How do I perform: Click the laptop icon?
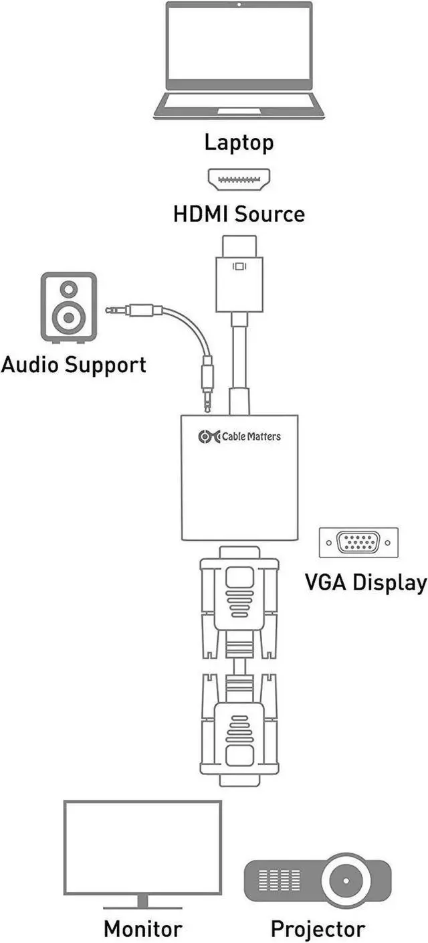tap(239, 61)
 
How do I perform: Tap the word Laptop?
tap(239, 143)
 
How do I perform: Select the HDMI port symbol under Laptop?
tap(239, 180)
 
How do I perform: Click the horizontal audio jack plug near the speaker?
tap(130, 310)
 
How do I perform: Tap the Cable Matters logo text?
tap(251, 436)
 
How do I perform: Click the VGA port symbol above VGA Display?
tap(358, 542)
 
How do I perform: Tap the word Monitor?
tap(142, 929)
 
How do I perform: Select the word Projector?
tap(318, 929)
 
